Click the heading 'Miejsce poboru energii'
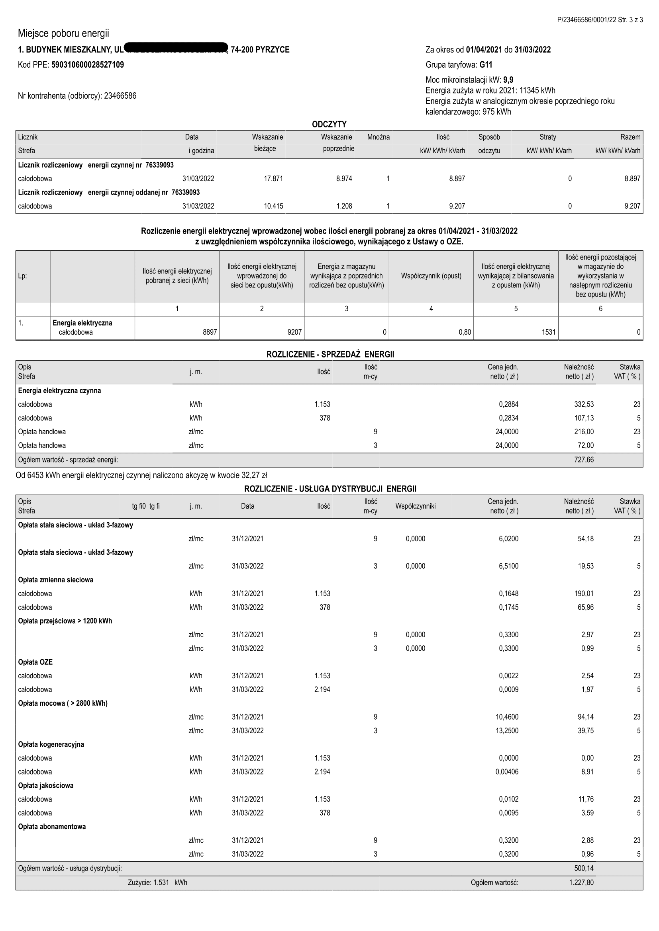pyautogui.click(x=63, y=33)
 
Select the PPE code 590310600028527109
pyautogui.click(x=88, y=65)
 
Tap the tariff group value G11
pyautogui.click(x=486, y=65)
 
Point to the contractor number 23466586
pyautogui.click(x=120, y=96)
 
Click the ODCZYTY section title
pyautogui.click(x=329, y=124)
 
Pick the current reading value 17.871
pyautogui.click(x=273, y=179)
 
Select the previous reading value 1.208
pyautogui.click(x=344, y=206)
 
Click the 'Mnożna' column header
pyautogui.click(x=378, y=137)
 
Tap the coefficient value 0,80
pyautogui.click(x=465, y=332)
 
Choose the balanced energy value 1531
pyautogui.click(x=549, y=332)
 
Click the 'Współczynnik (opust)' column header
pyautogui.click(x=431, y=276)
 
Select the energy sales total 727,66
pyautogui.click(x=584, y=460)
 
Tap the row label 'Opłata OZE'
pyautogui.click(x=35, y=662)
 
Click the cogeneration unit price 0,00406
pyautogui.click(x=507, y=772)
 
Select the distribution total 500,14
pyautogui.click(x=584, y=868)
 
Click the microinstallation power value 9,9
pyautogui.click(x=508, y=80)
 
